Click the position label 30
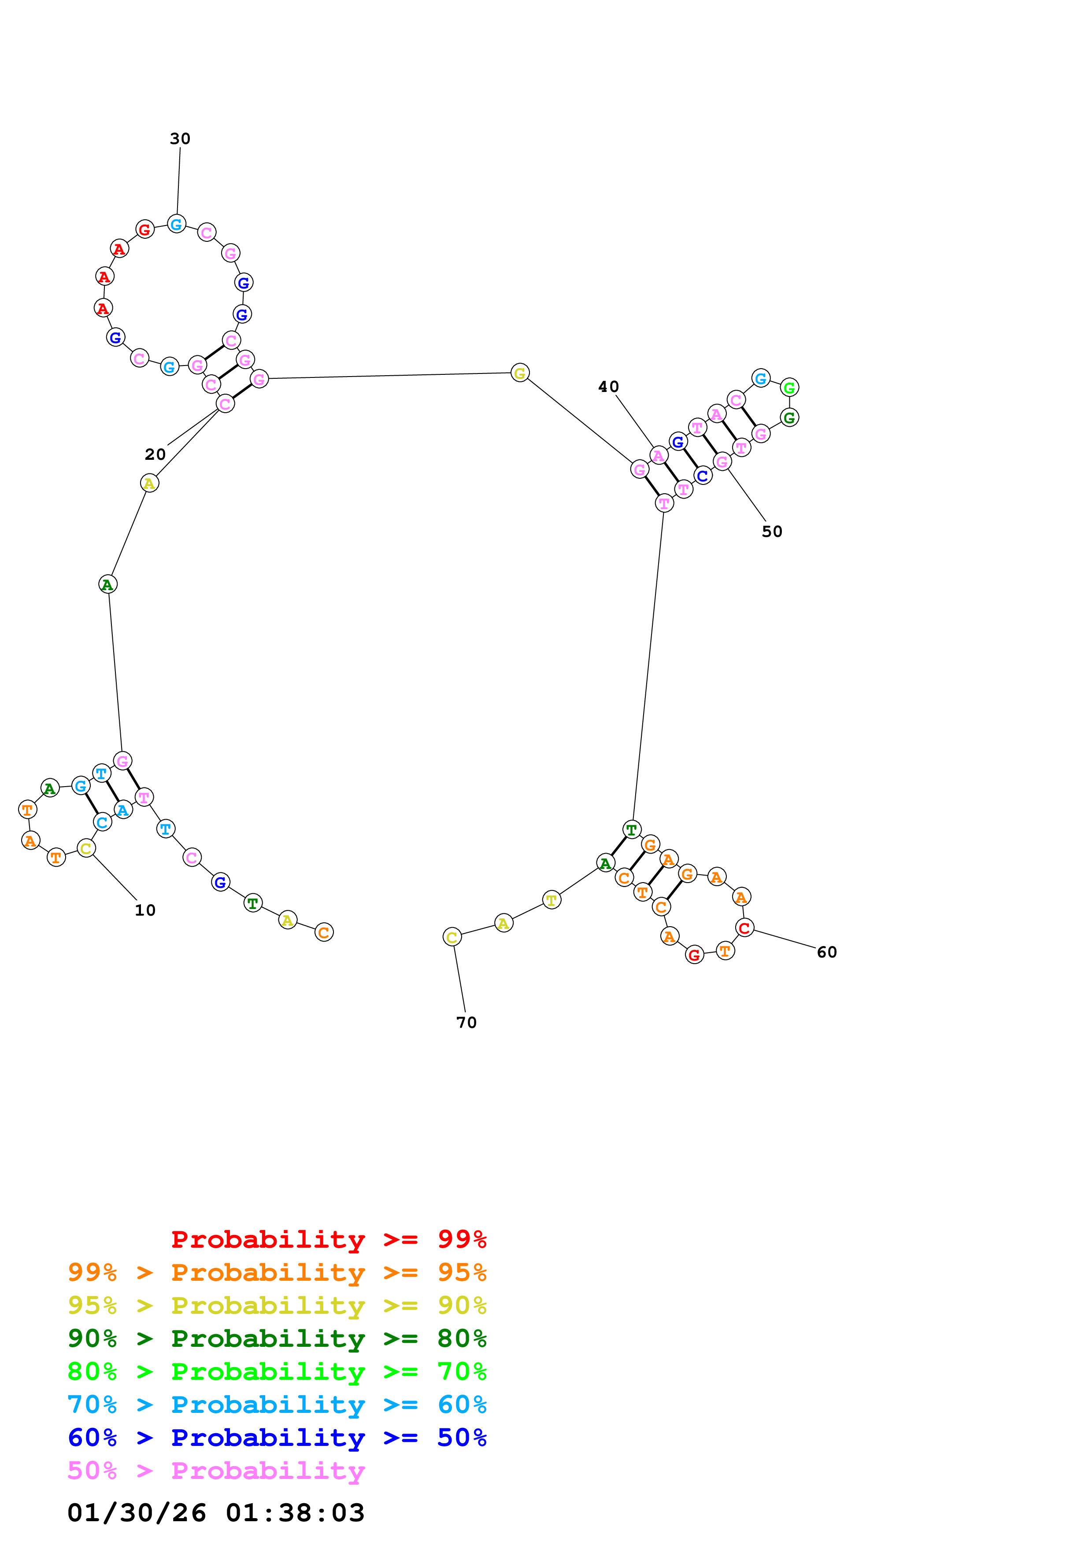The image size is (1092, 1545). (180, 139)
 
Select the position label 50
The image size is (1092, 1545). (772, 532)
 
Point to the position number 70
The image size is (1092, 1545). (466, 1022)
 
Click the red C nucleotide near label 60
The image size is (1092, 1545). (744, 928)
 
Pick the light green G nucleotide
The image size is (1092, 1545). (789, 388)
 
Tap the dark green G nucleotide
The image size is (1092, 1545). (789, 418)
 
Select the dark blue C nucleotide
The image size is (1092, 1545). (703, 476)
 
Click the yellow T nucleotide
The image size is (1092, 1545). (551, 900)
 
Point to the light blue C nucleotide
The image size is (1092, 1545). (102, 822)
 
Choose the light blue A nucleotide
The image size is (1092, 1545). (122, 810)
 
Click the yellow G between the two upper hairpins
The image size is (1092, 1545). (519, 373)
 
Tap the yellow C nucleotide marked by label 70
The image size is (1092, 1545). (452, 937)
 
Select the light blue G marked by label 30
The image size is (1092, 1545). (176, 224)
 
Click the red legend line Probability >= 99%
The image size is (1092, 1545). (328, 1239)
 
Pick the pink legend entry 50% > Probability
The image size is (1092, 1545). (216, 1470)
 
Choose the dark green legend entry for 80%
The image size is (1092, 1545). (277, 1338)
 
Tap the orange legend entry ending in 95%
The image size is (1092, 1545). (277, 1272)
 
